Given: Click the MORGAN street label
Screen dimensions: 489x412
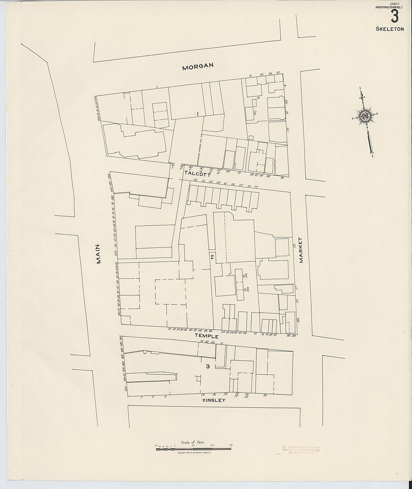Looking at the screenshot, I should [198, 66].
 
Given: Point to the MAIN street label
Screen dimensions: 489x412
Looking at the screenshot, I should [98, 254].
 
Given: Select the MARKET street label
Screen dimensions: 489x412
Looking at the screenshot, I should [301, 250].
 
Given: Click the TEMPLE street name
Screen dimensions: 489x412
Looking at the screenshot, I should [207, 336].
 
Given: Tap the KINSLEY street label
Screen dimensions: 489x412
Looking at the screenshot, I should [214, 400].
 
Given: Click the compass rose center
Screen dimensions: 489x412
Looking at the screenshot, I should [365, 117].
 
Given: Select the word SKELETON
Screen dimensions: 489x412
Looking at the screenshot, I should [390, 29].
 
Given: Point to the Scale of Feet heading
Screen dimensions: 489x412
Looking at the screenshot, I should [193, 442].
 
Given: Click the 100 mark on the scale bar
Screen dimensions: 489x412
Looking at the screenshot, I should [212, 445].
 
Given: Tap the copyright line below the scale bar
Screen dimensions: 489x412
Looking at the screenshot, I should [194, 452].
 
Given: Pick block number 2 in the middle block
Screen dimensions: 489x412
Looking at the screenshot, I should [212, 257].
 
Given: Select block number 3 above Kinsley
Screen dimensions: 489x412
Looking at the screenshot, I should [208, 366].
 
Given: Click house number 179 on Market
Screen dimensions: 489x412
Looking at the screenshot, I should [288, 130].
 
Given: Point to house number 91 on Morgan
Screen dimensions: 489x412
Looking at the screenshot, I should [250, 76].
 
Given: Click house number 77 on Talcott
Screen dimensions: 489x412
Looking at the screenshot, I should [256, 187].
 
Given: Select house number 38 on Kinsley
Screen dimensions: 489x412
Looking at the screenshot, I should [265, 395].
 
